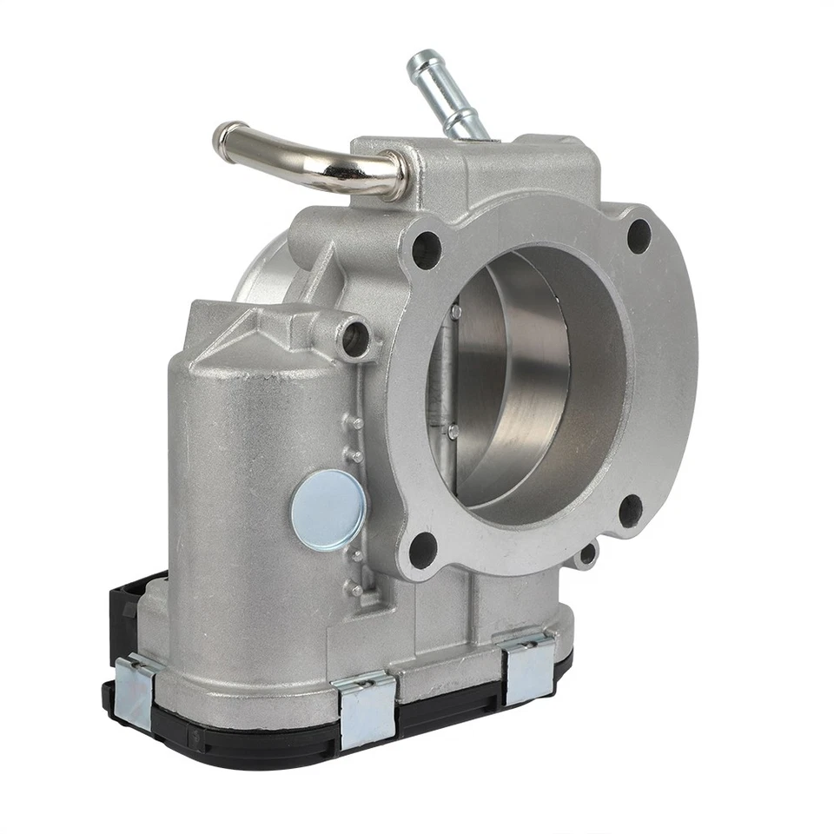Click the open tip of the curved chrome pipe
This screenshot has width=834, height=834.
(224, 137)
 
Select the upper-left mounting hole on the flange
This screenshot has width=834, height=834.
(426, 249)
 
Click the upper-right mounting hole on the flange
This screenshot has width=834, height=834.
(639, 235)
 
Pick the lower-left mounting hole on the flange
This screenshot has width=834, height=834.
(422, 549)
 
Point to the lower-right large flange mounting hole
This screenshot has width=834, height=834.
(631, 511)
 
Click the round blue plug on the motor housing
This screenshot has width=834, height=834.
(328, 508)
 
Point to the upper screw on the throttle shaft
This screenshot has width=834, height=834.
(454, 310)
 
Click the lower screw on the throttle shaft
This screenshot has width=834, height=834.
(453, 429)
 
